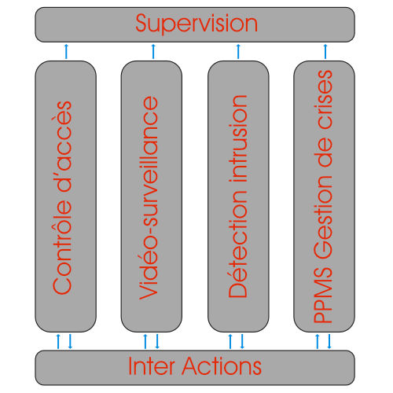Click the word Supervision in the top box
tap(196, 24)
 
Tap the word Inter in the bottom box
tap(152, 365)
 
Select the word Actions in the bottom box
tap(222, 365)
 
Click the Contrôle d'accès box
tap(66, 196)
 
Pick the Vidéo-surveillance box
tap(152, 196)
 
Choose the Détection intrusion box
tap(238, 196)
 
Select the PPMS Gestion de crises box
tap(324, 196)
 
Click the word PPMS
tap(323, 296)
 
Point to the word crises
tap(323, 100)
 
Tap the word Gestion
tap(323, 217)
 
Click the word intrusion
tap(238, 138)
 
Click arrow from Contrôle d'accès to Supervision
tap(66, 52)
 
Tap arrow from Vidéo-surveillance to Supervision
tap(153, 52)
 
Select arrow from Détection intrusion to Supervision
tap(238, 52)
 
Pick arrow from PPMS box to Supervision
tap(325, 52)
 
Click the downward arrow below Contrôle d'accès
tap(70, 341)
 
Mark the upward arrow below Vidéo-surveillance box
tap(145, 341)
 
